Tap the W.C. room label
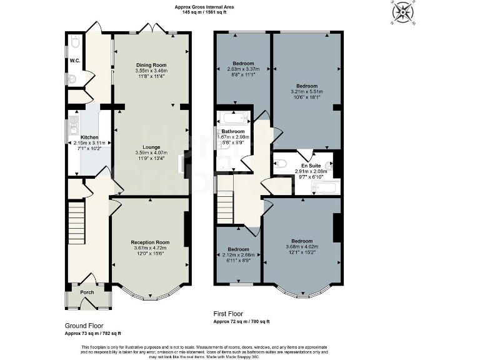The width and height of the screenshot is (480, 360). (74, 61)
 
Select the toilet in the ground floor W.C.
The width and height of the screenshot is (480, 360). (75, 43)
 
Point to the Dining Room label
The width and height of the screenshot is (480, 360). (151, 65)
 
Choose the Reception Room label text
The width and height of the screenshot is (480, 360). (150, 242)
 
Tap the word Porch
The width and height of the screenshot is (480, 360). (87, 292)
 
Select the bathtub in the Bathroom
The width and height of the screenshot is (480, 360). (233, 117)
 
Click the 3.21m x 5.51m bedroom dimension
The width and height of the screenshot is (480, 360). (306, 92)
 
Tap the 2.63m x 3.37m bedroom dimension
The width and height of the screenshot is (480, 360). (243, 69)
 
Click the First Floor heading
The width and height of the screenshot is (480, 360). (229, 314)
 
